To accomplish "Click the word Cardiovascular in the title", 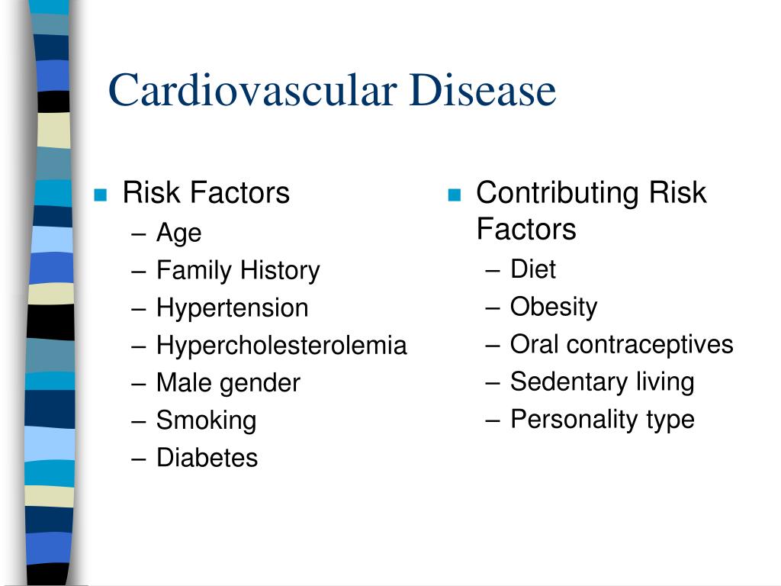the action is pos(252,90).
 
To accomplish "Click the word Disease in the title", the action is pos(483,90).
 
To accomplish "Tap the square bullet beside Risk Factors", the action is pos(101,195).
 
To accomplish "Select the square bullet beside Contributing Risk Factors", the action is pos(455,195).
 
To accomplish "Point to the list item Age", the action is pos(178,233).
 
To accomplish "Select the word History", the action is pos(280,271).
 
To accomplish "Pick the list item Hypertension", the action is pos(232,308).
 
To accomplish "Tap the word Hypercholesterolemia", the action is pos(281,346).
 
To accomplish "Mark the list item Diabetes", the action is pos(207,458).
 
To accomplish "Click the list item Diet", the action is pos(533,269).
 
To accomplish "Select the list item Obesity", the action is pos(554,307).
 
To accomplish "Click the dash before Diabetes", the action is pos(139,459).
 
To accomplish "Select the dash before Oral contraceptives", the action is pos(492,346).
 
